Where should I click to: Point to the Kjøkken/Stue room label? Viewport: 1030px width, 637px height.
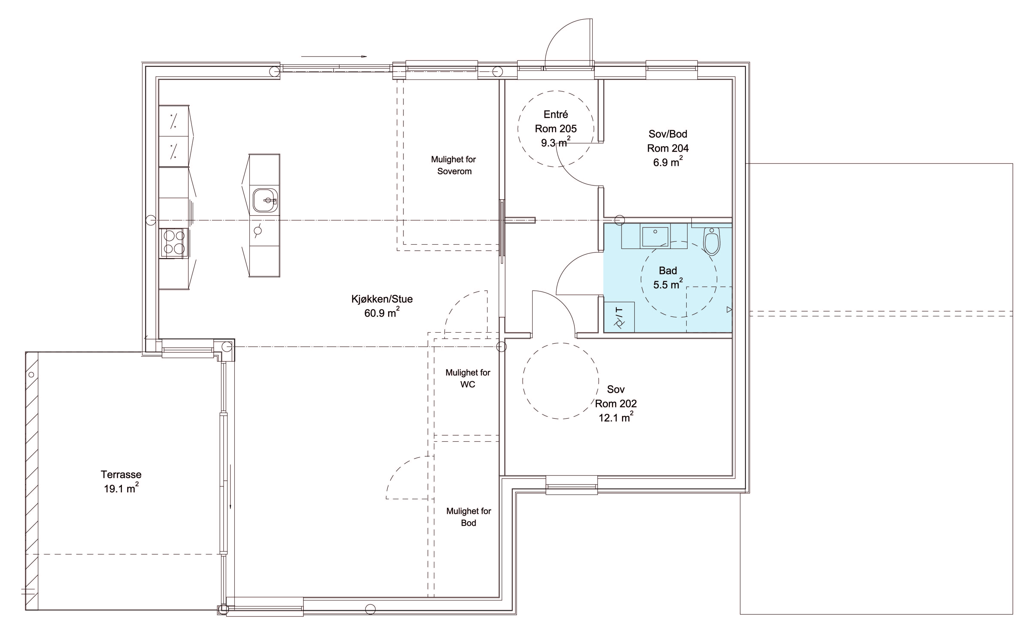coord(382,305)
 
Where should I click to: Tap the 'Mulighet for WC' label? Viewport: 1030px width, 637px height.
coord(468,378)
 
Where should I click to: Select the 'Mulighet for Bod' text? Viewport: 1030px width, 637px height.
coord(469,517)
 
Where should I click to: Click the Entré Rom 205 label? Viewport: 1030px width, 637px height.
coord(556,129)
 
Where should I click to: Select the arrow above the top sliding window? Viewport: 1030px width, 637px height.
coord(334,56)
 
